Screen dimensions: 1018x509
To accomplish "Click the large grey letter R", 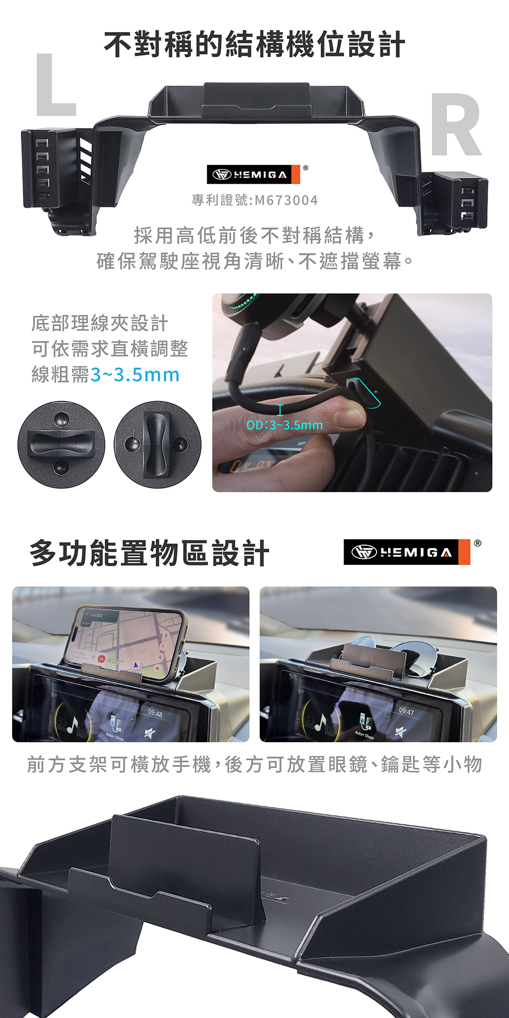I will click(455, 125).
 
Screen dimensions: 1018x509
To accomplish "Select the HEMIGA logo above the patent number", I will click(253, 175).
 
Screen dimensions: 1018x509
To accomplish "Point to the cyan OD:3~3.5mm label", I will click(285, 425).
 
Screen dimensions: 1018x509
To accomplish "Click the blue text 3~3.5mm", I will click(135, 375).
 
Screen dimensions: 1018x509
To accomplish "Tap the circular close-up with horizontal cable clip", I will click(61, 444).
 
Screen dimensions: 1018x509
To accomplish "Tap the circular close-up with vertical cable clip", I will click(157, 444).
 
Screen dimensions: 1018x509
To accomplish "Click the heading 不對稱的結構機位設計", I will click(254, 45).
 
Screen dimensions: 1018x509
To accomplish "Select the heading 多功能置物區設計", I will click(149, 553).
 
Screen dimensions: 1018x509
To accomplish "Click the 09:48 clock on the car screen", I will click(155, 714).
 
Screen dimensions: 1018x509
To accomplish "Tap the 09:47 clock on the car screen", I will click(406, 711).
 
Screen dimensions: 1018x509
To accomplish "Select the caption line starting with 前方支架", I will click(254, 765).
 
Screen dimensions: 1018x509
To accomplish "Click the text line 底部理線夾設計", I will click(100, 323).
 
